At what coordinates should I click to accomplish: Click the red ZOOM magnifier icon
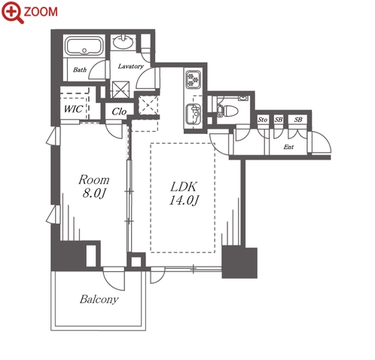pos(13,13)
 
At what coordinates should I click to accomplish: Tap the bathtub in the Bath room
pos(84,46)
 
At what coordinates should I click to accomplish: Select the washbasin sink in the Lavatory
pos(123,42)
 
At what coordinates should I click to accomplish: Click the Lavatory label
pos(131,66)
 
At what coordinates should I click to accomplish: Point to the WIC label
pos(73,109)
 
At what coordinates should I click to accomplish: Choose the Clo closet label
pos(119,111)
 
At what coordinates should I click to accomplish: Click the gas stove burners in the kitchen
pos(193,79)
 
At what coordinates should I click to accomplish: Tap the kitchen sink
pos(193,114)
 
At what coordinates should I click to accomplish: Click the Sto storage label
pos(263,120)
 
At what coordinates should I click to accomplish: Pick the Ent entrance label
pos(288,147)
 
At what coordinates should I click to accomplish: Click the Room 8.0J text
pos(94,187)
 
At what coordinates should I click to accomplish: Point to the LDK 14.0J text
pos(184,194)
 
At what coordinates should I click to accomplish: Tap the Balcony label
pos(99,299)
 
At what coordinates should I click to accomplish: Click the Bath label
pos(80,69)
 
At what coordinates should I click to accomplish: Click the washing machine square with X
pos(120,90)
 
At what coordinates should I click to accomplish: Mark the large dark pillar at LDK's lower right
pos(239,262)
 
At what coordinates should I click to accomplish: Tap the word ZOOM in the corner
pos(41,11)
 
